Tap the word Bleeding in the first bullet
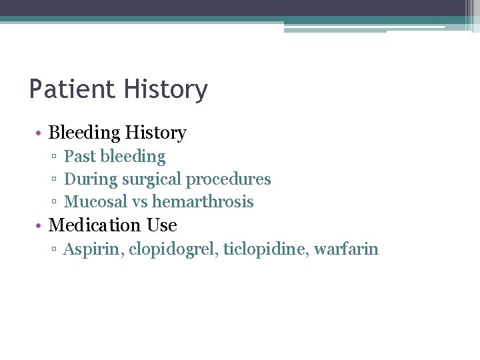pyautogui.click(x=83, y=133)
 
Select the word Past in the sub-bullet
pyautogui.click(x=79, y=157)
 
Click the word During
pyautogui.click(x=87, y=179)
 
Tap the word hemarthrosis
pyautogui.click(x=203, y=201)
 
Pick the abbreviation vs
pyautogui.click(x=140, y=202)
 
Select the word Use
pyautogui.click(x=162, y=225)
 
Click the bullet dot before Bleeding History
pyautogui.click(x=40, y=134)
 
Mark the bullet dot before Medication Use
pyautogui.click(x=40, y=226)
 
